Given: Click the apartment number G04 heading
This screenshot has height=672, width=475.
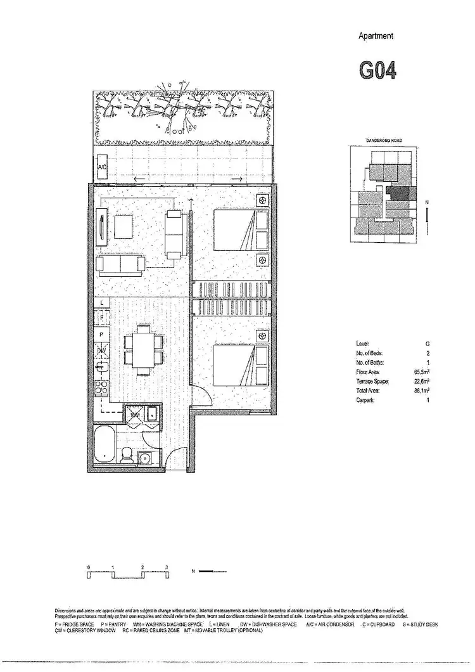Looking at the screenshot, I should coord(377,70).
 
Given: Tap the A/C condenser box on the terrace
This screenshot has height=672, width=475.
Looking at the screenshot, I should coord(103,168).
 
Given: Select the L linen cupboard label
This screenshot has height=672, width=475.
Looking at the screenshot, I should coord(102,304).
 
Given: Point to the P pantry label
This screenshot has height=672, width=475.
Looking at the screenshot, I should coord(102,333).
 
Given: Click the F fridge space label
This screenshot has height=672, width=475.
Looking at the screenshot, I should coord(102,316).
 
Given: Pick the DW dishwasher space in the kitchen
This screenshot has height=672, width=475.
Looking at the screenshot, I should coord(101,351).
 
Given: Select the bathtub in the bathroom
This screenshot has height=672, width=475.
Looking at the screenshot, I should coord(104,446).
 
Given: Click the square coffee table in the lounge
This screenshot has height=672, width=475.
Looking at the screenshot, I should coord(124,226).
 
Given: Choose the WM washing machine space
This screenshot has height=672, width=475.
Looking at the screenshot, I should coord(134,415).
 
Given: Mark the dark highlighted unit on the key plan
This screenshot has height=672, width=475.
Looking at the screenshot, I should coord(399,193).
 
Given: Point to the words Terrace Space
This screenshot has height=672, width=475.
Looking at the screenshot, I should coord(372,382).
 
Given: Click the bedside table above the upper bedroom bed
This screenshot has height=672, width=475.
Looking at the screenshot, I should coord(262,201).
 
